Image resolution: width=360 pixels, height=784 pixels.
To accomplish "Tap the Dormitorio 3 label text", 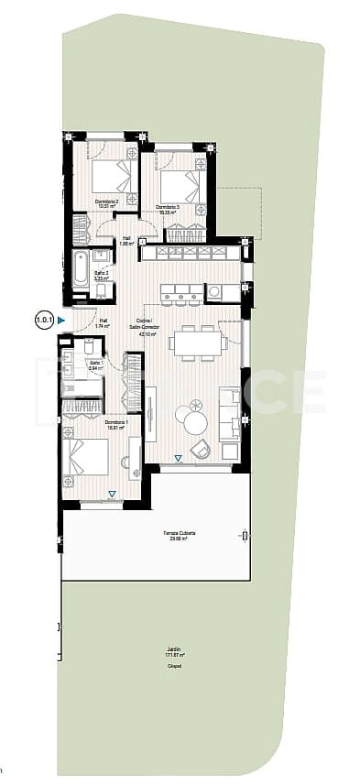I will [167, 208].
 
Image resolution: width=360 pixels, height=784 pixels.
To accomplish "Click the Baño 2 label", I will [103, 273].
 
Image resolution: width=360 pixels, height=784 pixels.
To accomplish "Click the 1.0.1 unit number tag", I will [44, 320].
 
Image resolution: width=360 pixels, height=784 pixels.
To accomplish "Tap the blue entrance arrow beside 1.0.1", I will [60, 320].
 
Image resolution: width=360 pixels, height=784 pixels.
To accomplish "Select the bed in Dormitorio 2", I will [113, 176].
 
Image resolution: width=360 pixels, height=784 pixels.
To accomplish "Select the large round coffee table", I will [195, 422].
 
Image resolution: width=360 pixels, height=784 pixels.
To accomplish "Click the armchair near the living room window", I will [201, 449].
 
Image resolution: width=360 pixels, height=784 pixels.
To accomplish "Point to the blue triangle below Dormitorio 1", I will [112, 495].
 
